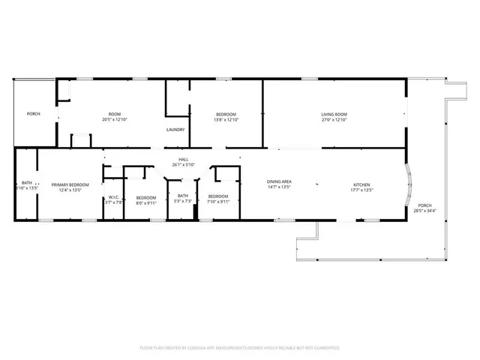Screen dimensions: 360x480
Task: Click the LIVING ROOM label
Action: (334, 114)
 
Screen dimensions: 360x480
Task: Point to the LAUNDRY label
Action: (175, 129)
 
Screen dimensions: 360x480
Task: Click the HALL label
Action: (183, 160)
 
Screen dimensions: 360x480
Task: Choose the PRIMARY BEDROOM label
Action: (70, 184)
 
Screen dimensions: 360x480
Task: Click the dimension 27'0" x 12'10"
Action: (334, 120)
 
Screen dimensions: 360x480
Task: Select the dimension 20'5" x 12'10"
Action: (115, 120)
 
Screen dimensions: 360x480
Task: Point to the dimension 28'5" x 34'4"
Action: (425, 211)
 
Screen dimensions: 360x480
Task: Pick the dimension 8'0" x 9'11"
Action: (145, 202)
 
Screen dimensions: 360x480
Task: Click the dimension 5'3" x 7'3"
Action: (183, 202)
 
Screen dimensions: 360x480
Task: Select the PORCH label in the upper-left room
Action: (33, 114)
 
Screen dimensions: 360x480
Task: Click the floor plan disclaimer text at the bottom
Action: (240, 348)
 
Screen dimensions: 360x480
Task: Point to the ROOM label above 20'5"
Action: (115, 114)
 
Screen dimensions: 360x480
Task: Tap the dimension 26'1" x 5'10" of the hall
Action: (183, 165)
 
